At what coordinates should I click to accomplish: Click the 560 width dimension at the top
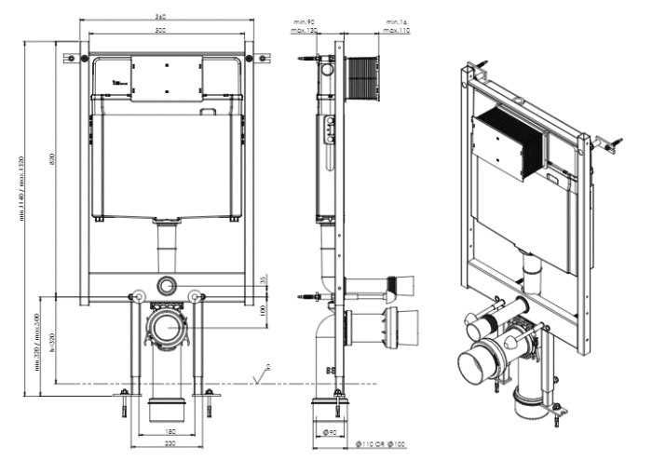[162, 19]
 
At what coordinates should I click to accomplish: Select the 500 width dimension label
[162, 32]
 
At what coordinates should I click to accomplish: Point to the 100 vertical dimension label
[264, 308]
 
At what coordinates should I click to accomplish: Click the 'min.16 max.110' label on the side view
[398, 26]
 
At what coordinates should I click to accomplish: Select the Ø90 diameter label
[330, 433]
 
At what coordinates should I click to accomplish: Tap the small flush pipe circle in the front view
[168, 285]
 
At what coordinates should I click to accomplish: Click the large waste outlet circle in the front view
[170, 329]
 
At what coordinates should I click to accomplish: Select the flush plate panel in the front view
[168, 78]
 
